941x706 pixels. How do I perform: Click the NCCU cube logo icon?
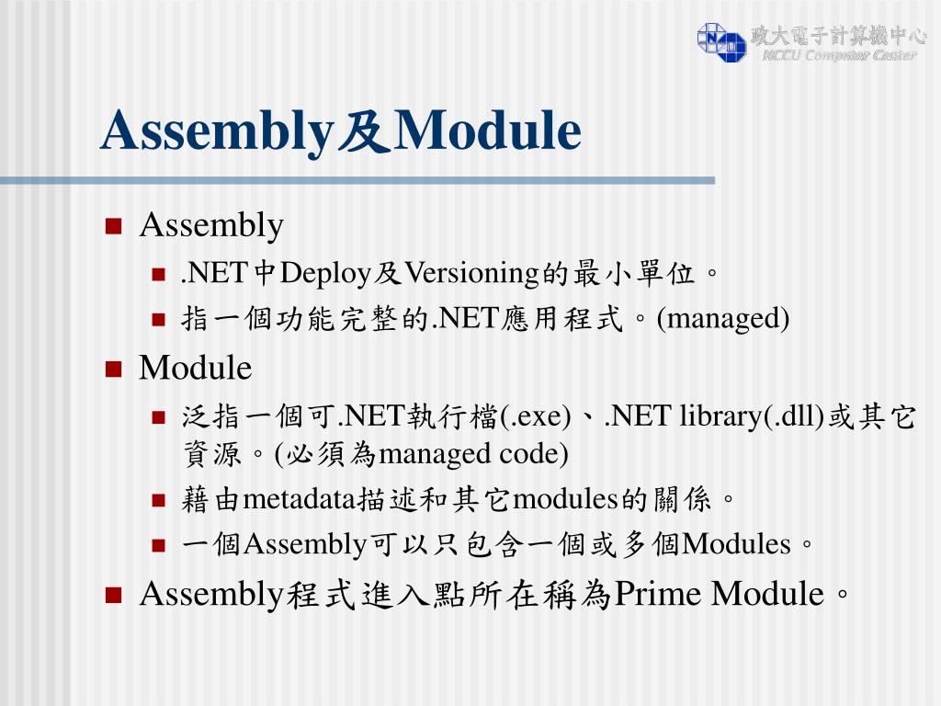(x=721, y=41)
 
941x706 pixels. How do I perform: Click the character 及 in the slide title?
(x=360, y=131)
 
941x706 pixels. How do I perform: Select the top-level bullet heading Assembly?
(x=211, y=225)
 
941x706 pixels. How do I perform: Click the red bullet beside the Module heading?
(x=114, y=370)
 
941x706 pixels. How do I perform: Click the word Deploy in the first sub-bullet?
(x=325, y=273)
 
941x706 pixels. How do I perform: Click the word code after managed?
(x=534, y=454)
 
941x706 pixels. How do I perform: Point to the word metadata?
(x=298, y=499)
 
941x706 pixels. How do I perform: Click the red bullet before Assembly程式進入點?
(x=114, y=596)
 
